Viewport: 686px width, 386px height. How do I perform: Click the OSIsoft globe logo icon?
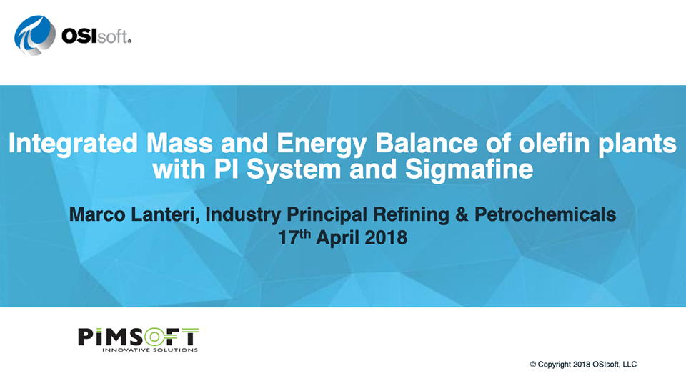(35, 36)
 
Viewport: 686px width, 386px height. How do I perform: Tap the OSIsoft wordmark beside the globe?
(96, 36)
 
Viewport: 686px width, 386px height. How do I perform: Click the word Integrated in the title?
(73, 144)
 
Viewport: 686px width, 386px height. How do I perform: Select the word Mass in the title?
(179, 143)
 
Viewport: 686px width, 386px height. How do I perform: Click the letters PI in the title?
(226, 169)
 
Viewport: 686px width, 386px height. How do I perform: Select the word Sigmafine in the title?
(469, 170)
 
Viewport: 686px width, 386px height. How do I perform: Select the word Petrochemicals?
(545, 214)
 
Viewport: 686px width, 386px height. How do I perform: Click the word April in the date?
(338, 237)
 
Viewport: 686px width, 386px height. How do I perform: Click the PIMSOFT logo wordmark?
(138, 337)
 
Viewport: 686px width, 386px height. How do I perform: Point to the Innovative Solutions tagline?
(150, 350)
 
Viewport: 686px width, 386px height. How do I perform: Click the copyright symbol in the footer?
(533, 365)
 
